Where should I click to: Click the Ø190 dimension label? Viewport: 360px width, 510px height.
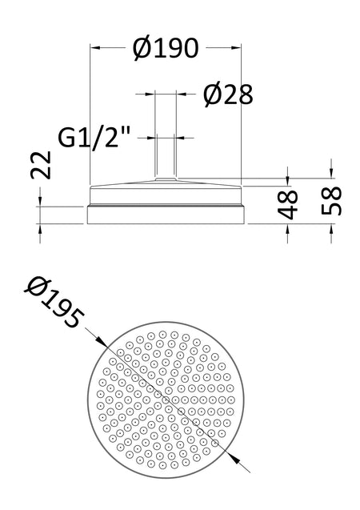click(x=166, y=49)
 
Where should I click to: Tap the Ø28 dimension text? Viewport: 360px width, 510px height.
click(x=228, y=95)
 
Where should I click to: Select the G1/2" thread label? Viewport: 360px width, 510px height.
click(x=94, y=139)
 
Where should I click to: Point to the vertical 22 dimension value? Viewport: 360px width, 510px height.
click(x=42, y=165)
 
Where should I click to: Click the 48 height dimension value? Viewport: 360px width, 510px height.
click(x=287, y=204)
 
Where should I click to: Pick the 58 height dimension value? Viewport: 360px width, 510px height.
click(x=331, y=201)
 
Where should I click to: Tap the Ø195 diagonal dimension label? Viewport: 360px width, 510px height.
click(x=54, y=303)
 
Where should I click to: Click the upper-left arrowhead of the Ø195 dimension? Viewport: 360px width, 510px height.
click(x=102, y=342)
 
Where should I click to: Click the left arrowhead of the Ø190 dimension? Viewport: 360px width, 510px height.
click(x=94, y=48)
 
